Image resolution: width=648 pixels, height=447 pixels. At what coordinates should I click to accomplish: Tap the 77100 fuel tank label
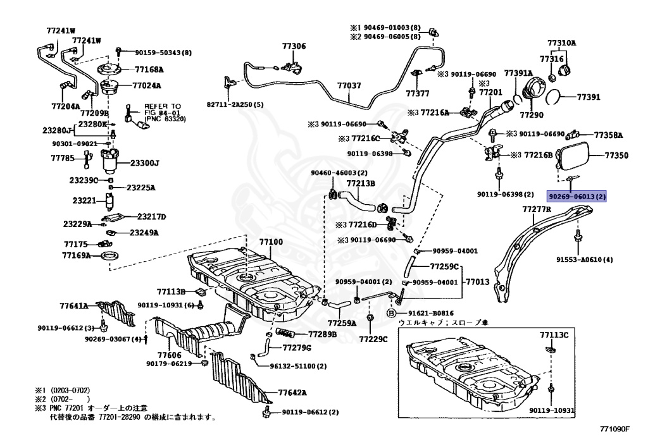[x=271, y=242]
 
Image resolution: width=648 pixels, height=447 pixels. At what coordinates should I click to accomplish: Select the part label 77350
[x=616, y=155]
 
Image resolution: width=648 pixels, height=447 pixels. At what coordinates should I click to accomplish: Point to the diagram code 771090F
[x=614, y=429]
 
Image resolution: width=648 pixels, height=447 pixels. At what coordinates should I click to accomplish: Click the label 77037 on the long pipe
[x=349, y=86]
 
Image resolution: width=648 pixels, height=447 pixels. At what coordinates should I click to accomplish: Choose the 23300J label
[x=145, y=163]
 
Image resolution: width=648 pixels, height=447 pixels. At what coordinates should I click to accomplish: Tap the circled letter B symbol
[x=390, y=314]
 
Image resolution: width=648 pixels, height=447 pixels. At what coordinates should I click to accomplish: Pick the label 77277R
[x=537, y=209]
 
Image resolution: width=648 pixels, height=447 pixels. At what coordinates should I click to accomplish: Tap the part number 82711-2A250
[x=235, y=105]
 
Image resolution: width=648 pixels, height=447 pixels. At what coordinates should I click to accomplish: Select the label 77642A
[x=292, y=393]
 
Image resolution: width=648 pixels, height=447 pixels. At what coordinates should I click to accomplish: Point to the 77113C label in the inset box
[x=554, y=334]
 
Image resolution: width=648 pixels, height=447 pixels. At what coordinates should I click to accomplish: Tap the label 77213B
[x=361, y=183]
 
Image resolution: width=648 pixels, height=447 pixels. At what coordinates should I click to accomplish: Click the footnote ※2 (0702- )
[x=63, y=399]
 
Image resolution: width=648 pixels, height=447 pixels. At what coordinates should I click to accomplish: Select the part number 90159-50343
[x=163, y=53]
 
